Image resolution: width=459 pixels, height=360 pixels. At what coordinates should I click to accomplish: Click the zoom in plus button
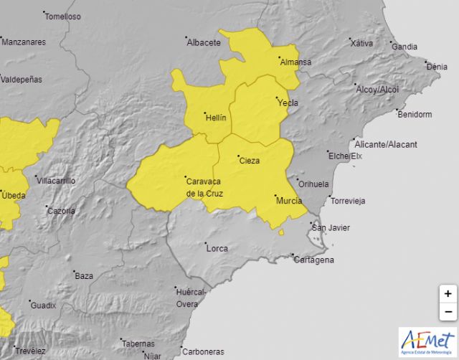[448, 293]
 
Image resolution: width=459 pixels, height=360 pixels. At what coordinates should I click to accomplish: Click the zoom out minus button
[448, 311]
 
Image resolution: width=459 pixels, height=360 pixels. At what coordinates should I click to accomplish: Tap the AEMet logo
[427, 341]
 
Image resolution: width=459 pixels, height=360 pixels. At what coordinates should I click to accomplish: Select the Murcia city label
[288, 202]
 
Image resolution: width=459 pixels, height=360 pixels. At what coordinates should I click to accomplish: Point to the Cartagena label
[314, 260]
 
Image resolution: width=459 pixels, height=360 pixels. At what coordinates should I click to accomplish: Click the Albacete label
[204, 42]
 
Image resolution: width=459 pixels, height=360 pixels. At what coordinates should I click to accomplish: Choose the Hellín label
[215, 118]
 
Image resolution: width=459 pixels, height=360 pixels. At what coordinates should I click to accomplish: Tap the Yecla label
[288, 103]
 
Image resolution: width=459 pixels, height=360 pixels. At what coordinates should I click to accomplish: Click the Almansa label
[295, 62]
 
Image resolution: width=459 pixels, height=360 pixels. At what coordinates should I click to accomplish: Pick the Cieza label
[250, 161]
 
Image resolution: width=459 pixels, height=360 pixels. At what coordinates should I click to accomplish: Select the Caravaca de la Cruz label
[204, 187]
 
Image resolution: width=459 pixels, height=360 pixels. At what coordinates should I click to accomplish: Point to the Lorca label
[217, 249]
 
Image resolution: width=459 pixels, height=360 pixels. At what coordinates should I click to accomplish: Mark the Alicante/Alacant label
[391, 144]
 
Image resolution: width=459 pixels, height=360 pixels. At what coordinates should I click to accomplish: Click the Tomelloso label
[62, 16]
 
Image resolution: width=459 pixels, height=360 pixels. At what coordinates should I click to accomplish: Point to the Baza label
[84, 275]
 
